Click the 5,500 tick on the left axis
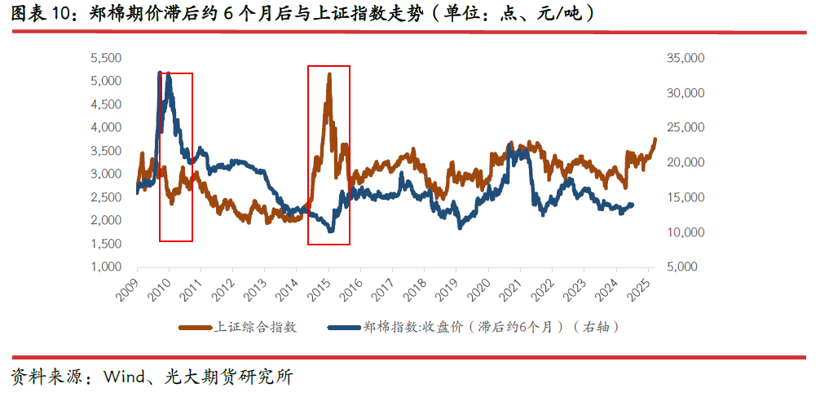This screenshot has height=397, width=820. point(105,58)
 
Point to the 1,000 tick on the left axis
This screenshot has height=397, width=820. point(105,267)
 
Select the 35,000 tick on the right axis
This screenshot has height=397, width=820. point(684,58)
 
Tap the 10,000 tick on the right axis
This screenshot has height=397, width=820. point(684,232)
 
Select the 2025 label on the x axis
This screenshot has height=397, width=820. point(641,286)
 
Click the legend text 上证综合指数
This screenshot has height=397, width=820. point(255,327)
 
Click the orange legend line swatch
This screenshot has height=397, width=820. point(196,327)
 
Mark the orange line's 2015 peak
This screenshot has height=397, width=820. point(328,74)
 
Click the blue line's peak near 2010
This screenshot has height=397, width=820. point(161,73)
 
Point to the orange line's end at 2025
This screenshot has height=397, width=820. point(654,139)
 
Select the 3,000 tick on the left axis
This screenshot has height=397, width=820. point(105,174)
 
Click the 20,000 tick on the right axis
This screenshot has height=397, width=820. point(684,162)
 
